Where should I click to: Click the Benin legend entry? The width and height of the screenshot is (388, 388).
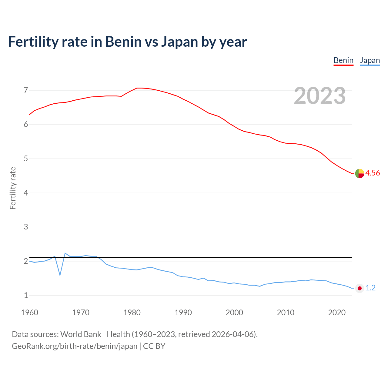click(343, 61)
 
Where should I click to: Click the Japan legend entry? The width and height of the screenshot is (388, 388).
click(370, 61)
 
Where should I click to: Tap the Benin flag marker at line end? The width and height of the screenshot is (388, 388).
click(360, 173)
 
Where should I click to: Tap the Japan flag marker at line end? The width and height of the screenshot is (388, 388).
click(360, 288)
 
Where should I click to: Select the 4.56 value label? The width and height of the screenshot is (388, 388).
click(373, 173)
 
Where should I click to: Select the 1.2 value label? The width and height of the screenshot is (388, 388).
click(370, 288)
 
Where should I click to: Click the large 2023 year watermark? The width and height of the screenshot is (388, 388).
click(320, 96)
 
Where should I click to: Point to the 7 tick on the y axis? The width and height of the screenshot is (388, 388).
click(26, 90)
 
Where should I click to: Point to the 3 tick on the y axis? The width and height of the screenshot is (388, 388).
click(26, 227)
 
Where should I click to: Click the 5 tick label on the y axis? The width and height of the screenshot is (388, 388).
click(26, 159)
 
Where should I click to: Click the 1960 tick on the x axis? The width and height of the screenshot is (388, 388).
click(29, 313)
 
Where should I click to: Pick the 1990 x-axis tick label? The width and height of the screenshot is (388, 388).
click(183, 313)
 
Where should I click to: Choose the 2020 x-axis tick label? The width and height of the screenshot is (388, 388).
click(337, 313)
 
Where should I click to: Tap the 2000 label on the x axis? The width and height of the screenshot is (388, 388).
click(234, 313)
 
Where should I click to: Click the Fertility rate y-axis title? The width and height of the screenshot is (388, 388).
click(13, 188)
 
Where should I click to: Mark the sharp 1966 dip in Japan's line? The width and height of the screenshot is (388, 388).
click(60, 275)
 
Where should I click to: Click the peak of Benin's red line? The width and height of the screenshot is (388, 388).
click(139, 88)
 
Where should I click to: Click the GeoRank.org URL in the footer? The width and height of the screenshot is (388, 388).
click(75, 346)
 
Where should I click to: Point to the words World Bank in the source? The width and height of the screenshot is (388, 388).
click(81, 334)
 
